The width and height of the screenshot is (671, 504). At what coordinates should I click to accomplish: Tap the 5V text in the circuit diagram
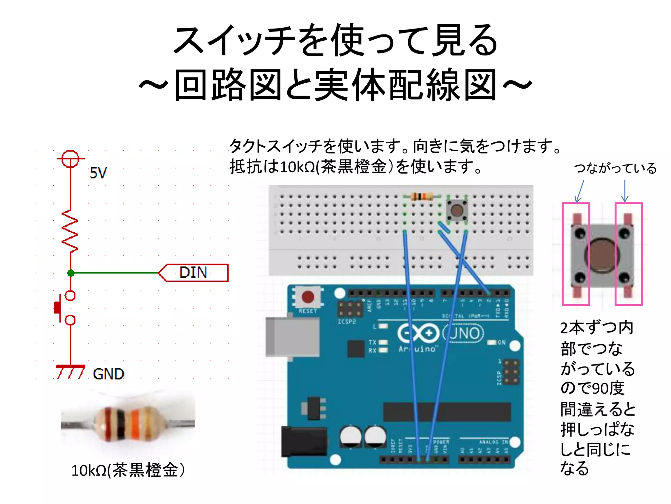(98, 173)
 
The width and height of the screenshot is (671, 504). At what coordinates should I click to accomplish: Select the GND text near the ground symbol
(108, 374)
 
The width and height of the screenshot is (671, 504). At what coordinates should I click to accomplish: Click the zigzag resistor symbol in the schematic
(70, 231)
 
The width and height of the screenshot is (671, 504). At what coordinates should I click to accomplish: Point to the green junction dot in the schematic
(70, 273)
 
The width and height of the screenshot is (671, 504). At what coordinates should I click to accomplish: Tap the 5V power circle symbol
(70, 159)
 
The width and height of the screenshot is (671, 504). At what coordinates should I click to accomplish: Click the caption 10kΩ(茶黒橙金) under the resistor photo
(128, 470)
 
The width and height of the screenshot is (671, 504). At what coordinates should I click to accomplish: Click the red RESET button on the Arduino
(308, 297)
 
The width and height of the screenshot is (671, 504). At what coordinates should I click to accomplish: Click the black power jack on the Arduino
(303, 441)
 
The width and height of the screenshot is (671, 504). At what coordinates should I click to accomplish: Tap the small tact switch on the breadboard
(457, 210)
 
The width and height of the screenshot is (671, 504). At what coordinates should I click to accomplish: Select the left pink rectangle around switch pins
(576, 254)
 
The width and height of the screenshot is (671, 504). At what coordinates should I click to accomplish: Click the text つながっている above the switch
(615, 168)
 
